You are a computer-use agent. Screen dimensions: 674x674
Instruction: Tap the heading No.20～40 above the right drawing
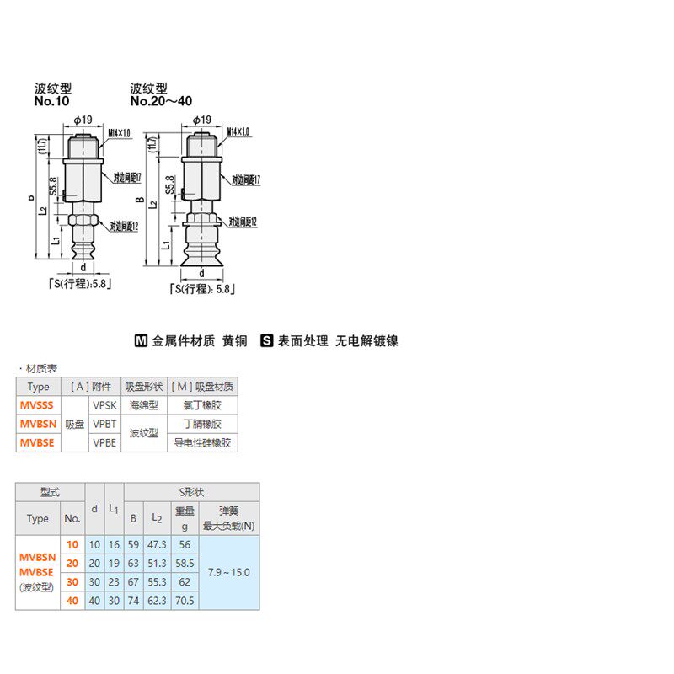[161, 101]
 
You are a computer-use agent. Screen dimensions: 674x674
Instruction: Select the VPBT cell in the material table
[104, 424]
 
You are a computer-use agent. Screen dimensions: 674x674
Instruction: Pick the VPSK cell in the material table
[104, 405]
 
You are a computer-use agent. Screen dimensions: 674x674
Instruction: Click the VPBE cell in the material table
[104, 442]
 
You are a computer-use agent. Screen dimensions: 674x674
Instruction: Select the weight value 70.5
[185, 601]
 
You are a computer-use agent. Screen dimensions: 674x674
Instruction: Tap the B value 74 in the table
[133, 601]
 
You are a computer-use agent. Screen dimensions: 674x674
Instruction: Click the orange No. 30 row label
[72, 582]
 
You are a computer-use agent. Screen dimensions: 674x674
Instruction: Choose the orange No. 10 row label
[72, 544]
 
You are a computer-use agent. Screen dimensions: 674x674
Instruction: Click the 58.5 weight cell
[185, 563]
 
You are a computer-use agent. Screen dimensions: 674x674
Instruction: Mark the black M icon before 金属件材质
[142, 341]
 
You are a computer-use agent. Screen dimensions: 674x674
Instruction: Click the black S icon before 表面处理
[266, 341]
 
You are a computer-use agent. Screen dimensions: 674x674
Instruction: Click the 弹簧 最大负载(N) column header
[228, 518]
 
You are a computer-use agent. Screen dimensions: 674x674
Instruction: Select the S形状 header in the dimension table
[191, 492]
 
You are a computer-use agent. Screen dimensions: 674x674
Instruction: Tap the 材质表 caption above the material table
[40, 369]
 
